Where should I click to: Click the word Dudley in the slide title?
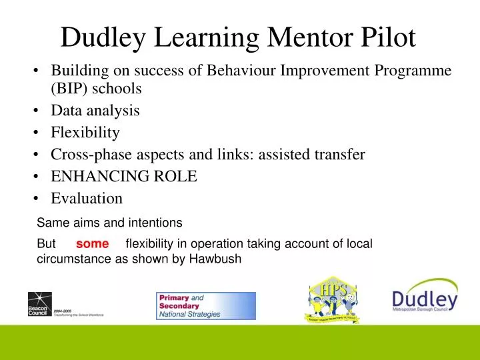[x=105, y=37]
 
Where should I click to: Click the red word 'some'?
[x=92, y=244]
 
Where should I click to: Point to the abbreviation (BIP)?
[x=70, y=88]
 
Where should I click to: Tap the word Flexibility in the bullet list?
[x=85, y=133]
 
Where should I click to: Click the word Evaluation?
[x=87, y=198]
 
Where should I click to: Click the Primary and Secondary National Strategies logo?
[x=206, y=306]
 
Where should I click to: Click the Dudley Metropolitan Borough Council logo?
[x=425, y=301]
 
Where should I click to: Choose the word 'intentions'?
[x=157, y=221]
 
